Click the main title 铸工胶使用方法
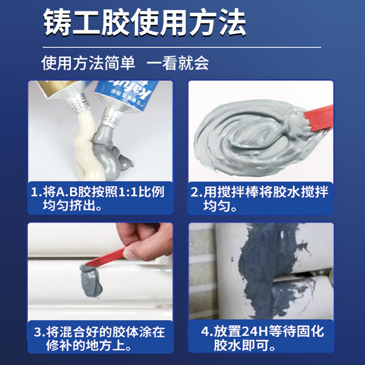(x=145, y=22)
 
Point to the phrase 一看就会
(x=178, y=63)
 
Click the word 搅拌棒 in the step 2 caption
(x=239, y=192)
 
